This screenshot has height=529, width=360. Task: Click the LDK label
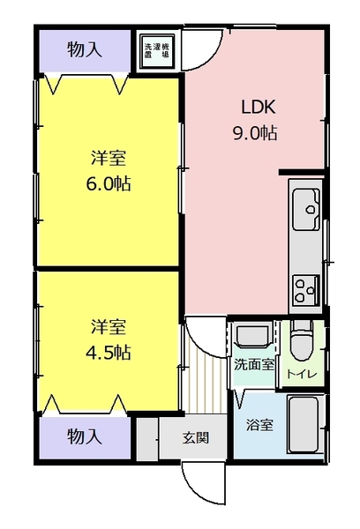point(259,108)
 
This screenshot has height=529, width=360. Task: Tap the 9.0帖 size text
point(256,134)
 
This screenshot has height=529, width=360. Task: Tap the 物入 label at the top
point(85,49)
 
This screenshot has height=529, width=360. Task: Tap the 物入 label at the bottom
point(85,436)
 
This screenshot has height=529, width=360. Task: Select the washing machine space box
point(159,51)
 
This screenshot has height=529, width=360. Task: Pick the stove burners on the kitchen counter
point(306,287)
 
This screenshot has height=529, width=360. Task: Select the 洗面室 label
point(253,363)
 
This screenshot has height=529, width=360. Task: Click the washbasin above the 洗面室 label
point(251,336)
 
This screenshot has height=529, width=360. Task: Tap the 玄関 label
point(195,436)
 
